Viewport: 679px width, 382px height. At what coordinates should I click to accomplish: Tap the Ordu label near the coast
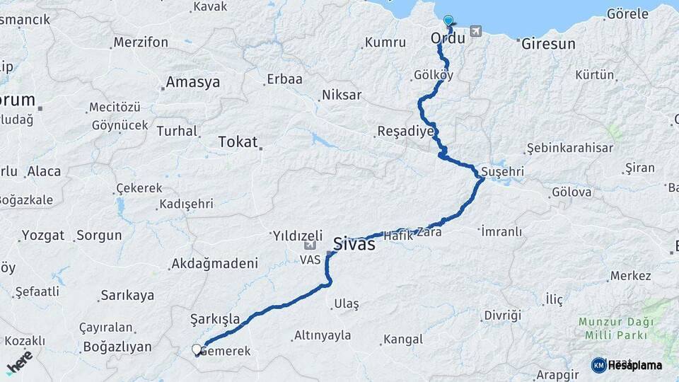coord(448,39)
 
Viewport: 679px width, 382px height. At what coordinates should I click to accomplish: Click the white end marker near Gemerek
coord(197,349)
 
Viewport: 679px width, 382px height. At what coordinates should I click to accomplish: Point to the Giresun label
coord(548,44)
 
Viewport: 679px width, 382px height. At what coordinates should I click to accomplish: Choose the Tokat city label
coord(238,141)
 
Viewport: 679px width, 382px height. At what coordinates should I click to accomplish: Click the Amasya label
coord(192,83)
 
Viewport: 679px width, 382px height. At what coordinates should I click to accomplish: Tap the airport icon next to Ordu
coord(474,32)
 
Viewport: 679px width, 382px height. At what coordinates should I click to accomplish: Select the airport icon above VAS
coord(309,245)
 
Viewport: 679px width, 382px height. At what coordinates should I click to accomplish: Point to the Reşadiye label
coord(405,131)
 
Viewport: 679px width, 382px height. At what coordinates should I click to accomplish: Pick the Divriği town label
coord(502,315)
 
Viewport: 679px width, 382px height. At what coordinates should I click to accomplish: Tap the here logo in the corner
coord(19,362)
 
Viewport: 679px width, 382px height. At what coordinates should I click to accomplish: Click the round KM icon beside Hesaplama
coord(598,365)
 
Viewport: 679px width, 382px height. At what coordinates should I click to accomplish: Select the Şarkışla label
coord(215,319)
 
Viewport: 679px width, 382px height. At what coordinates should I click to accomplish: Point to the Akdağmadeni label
coord(214,264)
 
